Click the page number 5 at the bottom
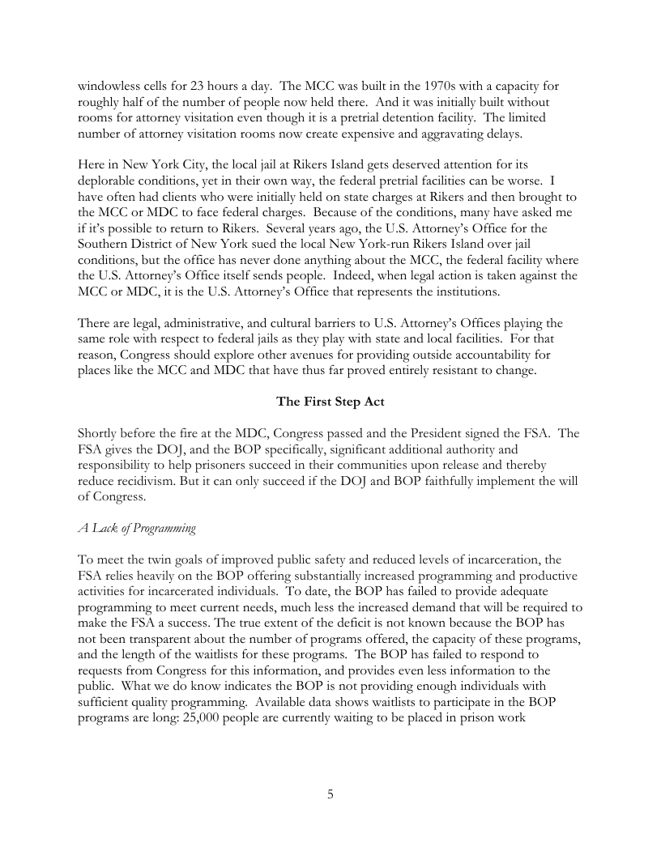pyautogui.click(x=330, y=793)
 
